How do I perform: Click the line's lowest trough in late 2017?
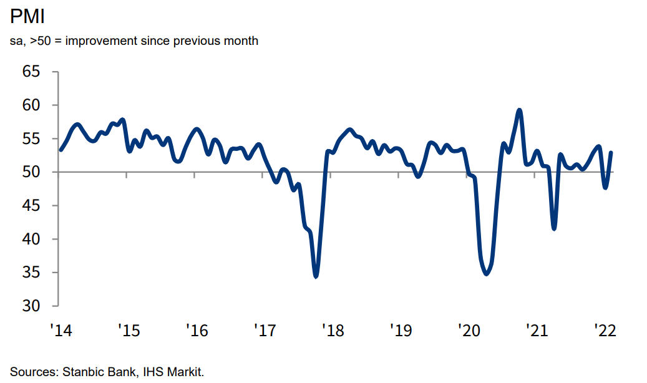316,276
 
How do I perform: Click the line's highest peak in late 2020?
519,110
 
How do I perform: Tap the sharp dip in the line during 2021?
554,228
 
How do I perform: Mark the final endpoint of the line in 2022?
611,153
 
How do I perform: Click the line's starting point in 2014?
61,150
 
